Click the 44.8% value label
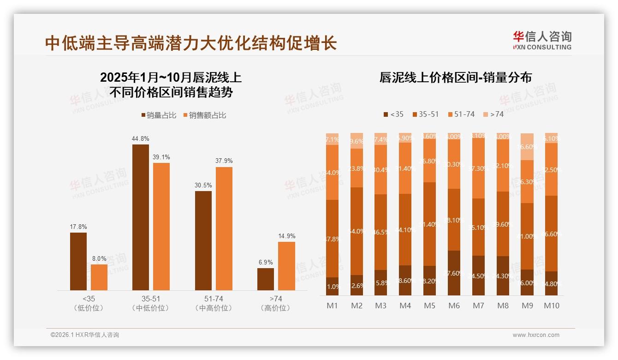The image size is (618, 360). point(141,138)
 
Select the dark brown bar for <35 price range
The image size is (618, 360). point(78,261)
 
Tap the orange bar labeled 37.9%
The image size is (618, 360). point(224,228)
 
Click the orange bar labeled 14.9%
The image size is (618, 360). point(286,266)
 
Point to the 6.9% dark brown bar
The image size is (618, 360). point(265,279)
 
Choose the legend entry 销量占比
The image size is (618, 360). point(159,115)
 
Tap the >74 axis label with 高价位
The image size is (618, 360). point(276,303)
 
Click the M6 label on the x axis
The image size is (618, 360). point(454,306)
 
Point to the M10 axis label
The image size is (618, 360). point(552,306)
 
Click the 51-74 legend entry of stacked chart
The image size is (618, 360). point(461,114)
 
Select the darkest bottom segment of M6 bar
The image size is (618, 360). point(454,273)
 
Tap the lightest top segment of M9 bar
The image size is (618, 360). point(527,147)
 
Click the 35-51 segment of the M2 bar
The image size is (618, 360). point(357,231)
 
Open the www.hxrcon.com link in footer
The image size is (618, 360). point(536,335)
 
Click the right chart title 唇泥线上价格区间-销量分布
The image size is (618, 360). point(455,78)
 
